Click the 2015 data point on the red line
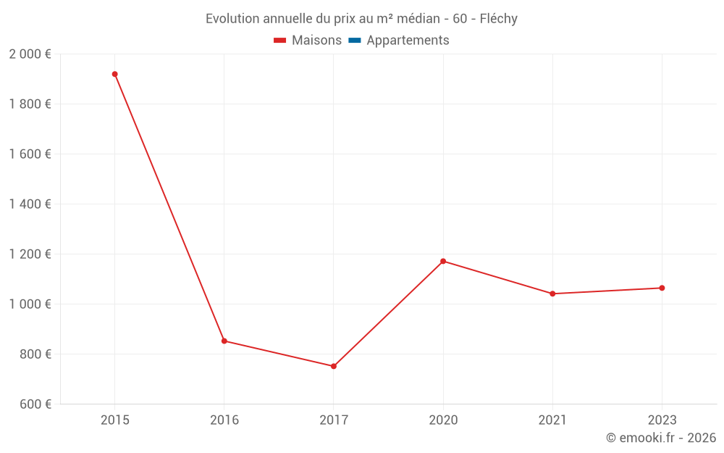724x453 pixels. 114,74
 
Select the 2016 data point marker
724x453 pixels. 224,341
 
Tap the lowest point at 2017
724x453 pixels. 334,366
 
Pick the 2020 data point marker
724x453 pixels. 443,261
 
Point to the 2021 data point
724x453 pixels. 552,294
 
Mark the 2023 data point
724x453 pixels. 662,288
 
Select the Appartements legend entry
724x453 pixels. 408,41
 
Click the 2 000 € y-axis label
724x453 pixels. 30,54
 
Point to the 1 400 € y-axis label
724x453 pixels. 30,204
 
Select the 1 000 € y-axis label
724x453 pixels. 30,304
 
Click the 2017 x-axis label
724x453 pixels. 334,420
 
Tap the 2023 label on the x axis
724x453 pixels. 662,420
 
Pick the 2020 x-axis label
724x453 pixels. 443,420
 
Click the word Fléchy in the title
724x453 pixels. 499,19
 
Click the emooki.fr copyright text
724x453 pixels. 661,438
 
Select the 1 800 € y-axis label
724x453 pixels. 30,104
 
